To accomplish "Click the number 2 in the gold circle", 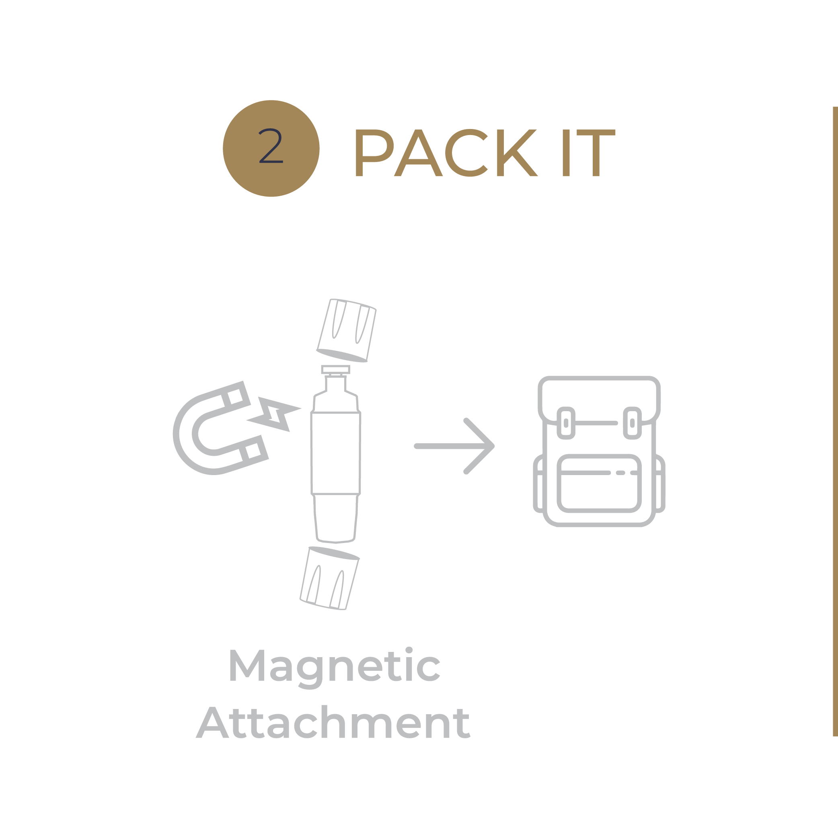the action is [x=271, y=146].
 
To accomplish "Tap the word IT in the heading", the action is [x=589, y=153].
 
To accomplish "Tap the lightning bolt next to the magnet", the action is [x=274, y=414].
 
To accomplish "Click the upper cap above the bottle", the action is [x=346, y=330].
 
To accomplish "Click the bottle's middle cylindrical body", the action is [x=335, y=453].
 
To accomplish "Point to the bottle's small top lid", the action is [x=335, y=369].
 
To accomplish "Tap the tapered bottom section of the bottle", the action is [x=335, y=519].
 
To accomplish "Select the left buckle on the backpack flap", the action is [x=566, y=423].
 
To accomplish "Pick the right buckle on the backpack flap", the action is [x=632, y=423].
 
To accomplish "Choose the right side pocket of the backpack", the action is [x=659, y=484].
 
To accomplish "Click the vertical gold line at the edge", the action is [x=835, y=421].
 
